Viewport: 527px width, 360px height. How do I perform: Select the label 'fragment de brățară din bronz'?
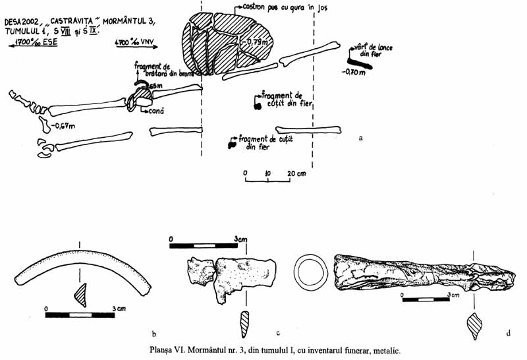154,71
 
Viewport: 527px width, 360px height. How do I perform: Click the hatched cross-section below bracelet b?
81,293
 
